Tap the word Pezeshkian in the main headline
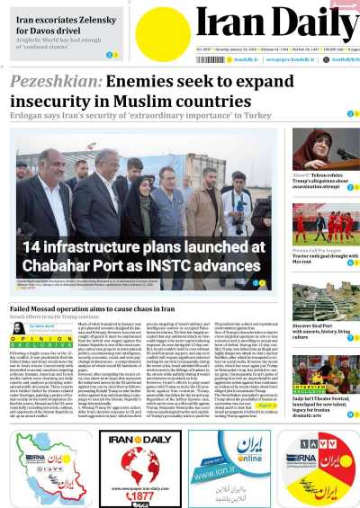[x=55, y=85]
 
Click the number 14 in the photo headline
[x=35, y=246]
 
